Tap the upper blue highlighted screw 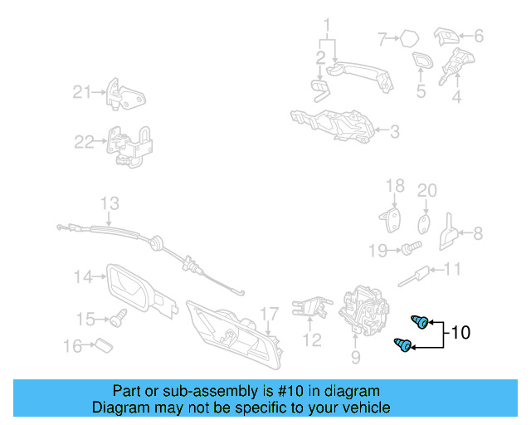point(421,322)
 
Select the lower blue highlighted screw point(404,345)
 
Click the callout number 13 point(110,203)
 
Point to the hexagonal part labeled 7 point(410,37)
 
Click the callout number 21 point(81,91)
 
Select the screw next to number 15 point(119,316)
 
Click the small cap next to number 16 point(101,344)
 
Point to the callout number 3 point(395,131)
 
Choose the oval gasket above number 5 point(421,63)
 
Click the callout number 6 point(478,36)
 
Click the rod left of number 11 point(421,272)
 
